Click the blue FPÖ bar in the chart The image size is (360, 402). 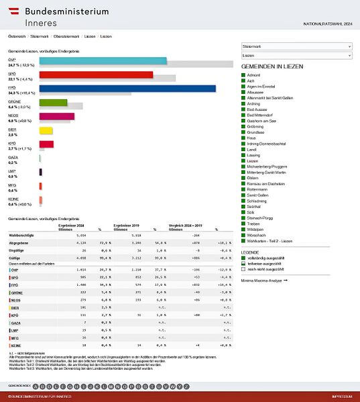[x=127, y=88]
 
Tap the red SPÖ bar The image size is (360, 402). [x=96, y=74]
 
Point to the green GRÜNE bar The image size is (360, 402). [x=53, y=102]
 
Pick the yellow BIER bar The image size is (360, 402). [x=46, y=130]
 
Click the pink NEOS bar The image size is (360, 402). [x=56, y=116]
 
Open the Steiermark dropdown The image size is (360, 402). [x=296, y=46]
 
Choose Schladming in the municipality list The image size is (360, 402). [x=257, y=201]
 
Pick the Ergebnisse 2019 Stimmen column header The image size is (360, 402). [x=126, y=227]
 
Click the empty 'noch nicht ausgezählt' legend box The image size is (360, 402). [x=243, y=270]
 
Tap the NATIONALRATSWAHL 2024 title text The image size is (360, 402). [x=326, y=25]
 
